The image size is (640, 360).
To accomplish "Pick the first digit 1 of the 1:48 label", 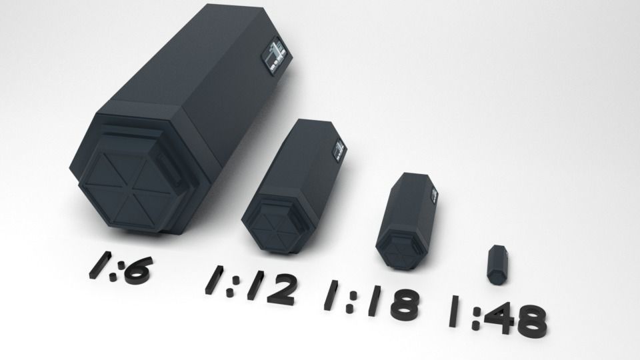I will (454, 310).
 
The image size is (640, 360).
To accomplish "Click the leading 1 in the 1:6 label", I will (97, 261).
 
